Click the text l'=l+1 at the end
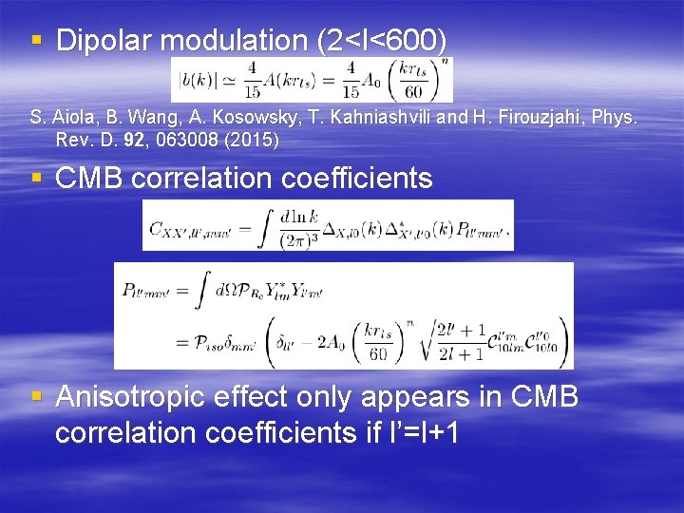[412, 432]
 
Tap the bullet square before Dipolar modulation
[36, 41]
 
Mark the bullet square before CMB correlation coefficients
[36, 178]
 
